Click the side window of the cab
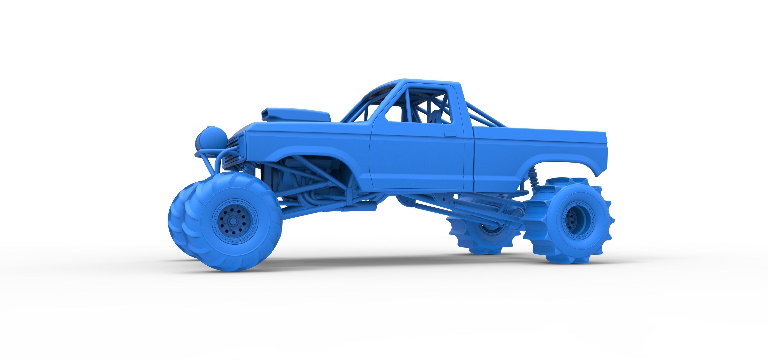(x=417, y=104)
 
